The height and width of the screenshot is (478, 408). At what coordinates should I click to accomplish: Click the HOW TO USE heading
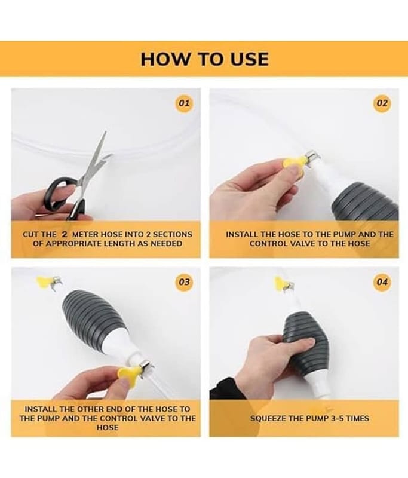pos(204,59)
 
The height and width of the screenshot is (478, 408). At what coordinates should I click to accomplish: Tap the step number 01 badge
pos(184,103)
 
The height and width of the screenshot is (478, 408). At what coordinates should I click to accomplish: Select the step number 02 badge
pos(382,103)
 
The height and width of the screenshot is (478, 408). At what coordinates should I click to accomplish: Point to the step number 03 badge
pos(184,282)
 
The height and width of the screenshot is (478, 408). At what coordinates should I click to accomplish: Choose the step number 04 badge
pos(382,282)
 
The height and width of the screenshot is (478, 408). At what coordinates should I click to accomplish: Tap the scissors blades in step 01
pos(94,158)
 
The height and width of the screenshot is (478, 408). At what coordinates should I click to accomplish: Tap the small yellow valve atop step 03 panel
pos(43,281)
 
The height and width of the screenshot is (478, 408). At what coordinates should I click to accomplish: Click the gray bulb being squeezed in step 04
pos(306,340)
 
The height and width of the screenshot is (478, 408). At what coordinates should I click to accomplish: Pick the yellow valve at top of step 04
pos(280,283)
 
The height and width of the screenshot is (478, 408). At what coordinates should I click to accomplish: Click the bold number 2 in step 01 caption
pos(65,234)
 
